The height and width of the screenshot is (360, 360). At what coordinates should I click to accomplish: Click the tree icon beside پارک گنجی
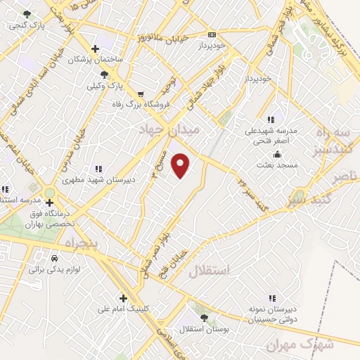tap(27, 14)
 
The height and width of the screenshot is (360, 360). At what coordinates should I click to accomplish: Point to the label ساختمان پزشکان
tap(94, 60)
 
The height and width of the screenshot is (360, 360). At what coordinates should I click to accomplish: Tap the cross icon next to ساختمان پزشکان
tap(95, 49)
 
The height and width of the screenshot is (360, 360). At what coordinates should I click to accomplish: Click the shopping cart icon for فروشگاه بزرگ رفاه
tap(141, 94)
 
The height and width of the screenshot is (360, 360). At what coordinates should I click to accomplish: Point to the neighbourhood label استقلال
tap(210, 271)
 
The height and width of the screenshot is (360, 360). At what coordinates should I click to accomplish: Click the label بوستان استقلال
tap(203, 329)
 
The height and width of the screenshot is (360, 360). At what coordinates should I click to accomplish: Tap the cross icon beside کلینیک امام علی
tap(123, 297)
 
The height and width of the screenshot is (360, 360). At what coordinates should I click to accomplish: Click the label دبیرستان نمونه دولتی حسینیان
tap(272, 314)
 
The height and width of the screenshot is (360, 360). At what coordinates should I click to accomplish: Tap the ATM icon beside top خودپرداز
tap(212, 34)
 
